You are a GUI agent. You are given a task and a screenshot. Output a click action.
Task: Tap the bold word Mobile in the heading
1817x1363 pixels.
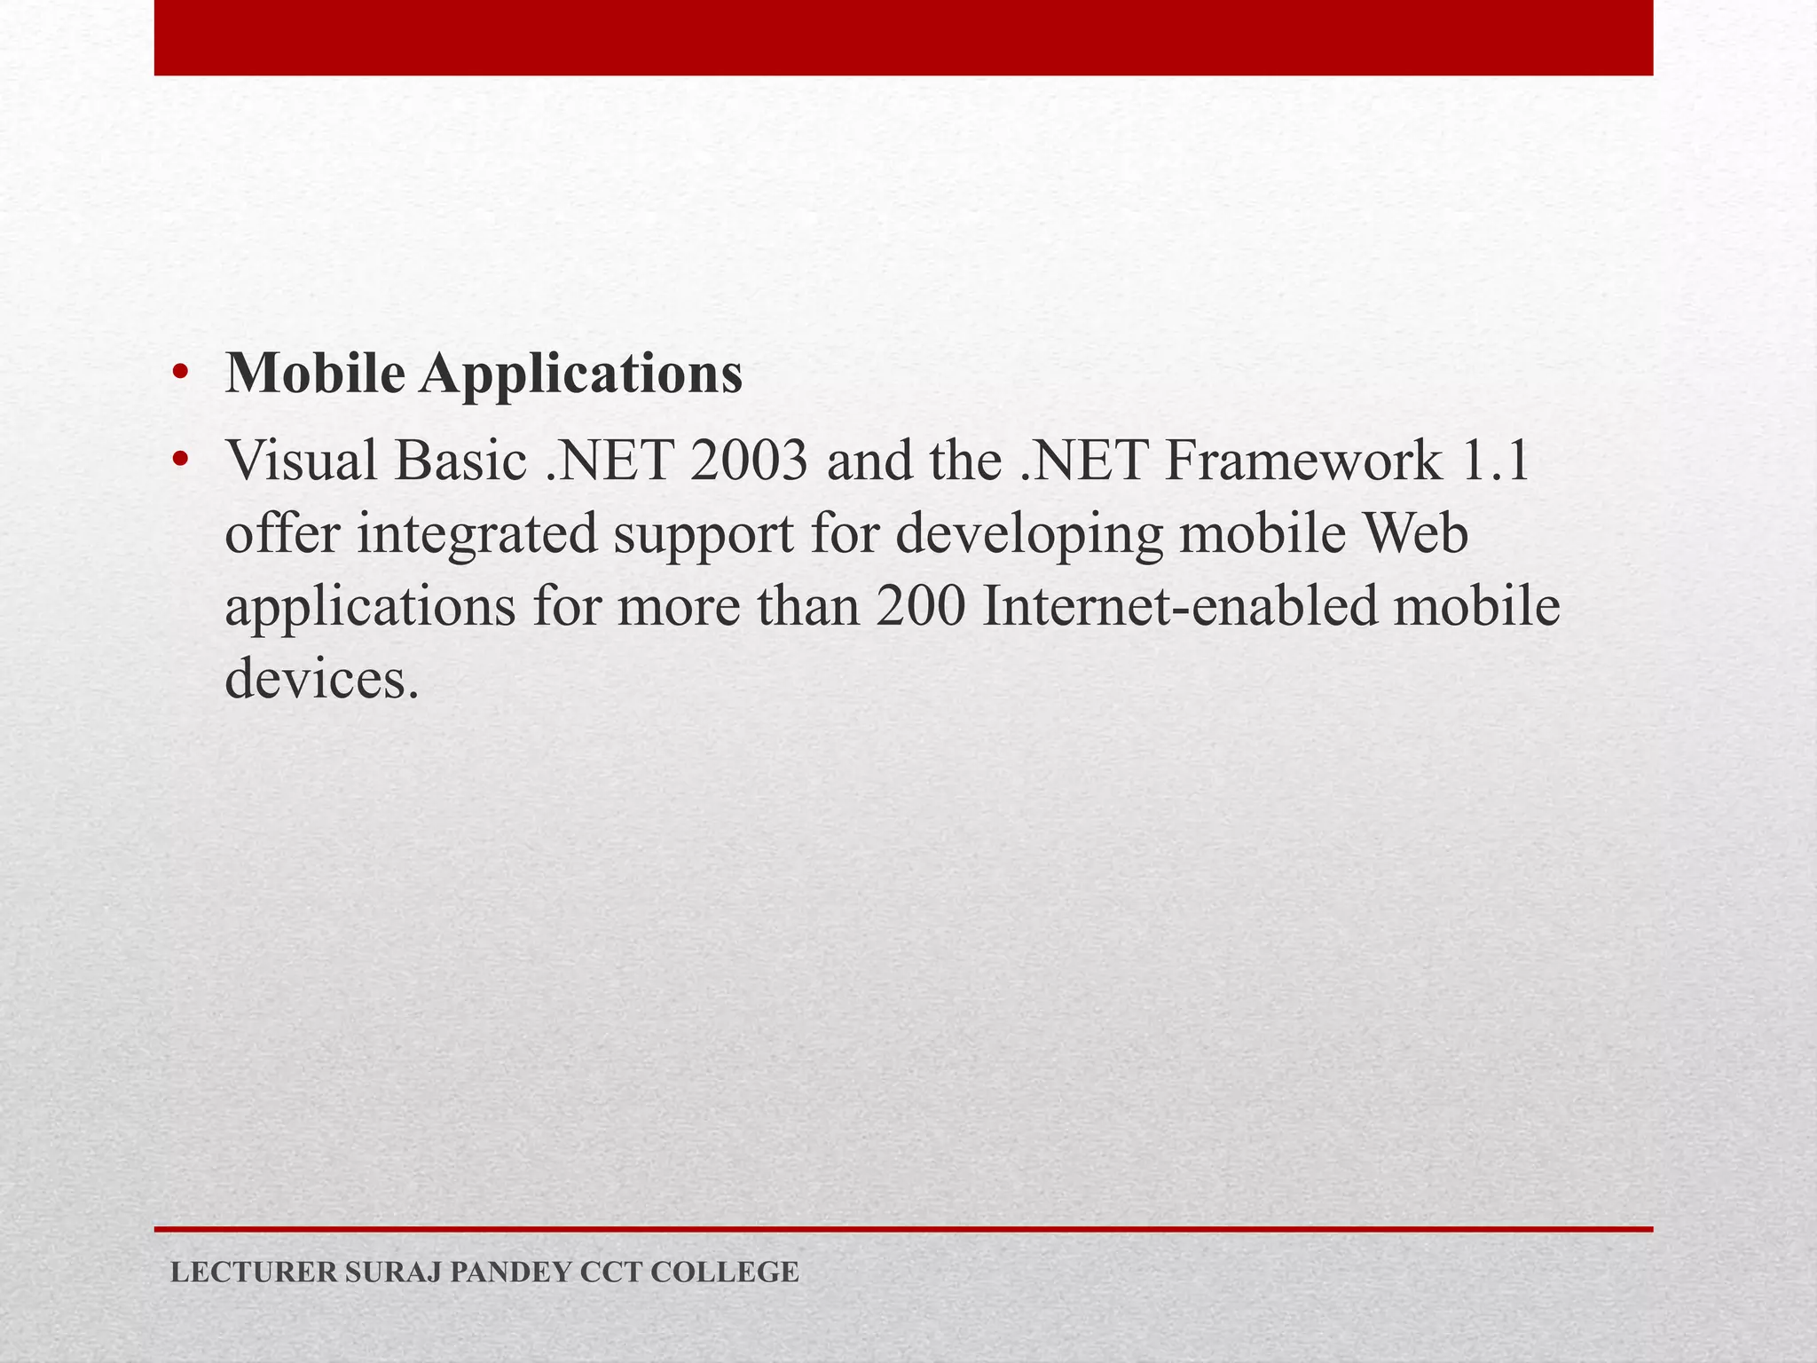pos(315,373)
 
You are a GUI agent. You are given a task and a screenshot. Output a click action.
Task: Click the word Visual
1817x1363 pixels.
pos(302,461)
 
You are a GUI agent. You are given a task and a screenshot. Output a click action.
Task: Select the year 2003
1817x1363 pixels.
pos(747,461)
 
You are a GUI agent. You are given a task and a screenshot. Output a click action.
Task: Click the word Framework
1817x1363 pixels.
pos(1303,461)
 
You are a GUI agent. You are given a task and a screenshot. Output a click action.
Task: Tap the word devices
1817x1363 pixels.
pos(321,681)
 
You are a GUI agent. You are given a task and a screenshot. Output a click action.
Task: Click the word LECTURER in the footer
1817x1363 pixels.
pos(254,1272)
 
